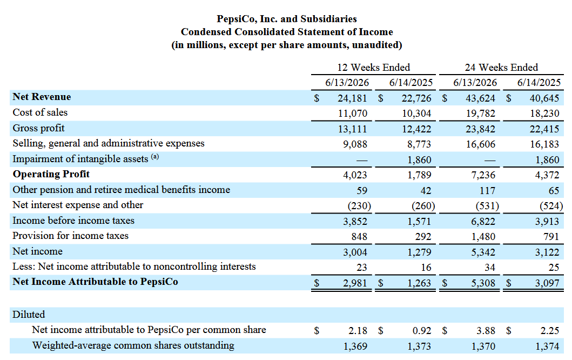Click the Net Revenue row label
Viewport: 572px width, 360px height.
pyautogui.click(x=42, y=97)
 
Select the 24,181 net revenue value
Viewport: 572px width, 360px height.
pyautogui.click(x=352, y=98)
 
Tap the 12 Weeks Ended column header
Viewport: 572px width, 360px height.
pyautogui.click(x=374, y=68)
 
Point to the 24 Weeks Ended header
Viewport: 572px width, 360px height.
pyautogui.click(x=501, y=68)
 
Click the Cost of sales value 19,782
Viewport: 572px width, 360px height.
pyautogui.click(x=480, y=114)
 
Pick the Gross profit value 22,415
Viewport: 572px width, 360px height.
pyautogui.click(x=544, y=129)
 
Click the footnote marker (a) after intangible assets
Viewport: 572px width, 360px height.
pyautogui.click(x=155, y=157)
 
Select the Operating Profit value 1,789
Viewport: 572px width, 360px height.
pyautogui.click(x=419, y=175)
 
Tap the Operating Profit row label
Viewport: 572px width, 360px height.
pyautogui.click(x=51, y=174)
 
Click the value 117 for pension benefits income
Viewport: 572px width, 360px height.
pyautogui.click(x=487, y=191)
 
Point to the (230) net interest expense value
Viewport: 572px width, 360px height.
pyautogui.click(x=359, y=206)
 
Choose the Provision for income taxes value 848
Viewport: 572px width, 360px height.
pyautogui.click(x=359, y=237)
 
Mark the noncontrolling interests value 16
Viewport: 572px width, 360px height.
pyautogui.click(x=426, y=268)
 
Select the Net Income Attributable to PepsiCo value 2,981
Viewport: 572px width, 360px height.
pyautogui.click(x=355, y=283)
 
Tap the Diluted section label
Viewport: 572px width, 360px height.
pyautogui.click(x=29, y=315)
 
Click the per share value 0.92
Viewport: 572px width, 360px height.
pyautogui.click(x=422, y=331)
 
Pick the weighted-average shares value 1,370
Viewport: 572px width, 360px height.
pyautogui.click(x=483, y=346)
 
